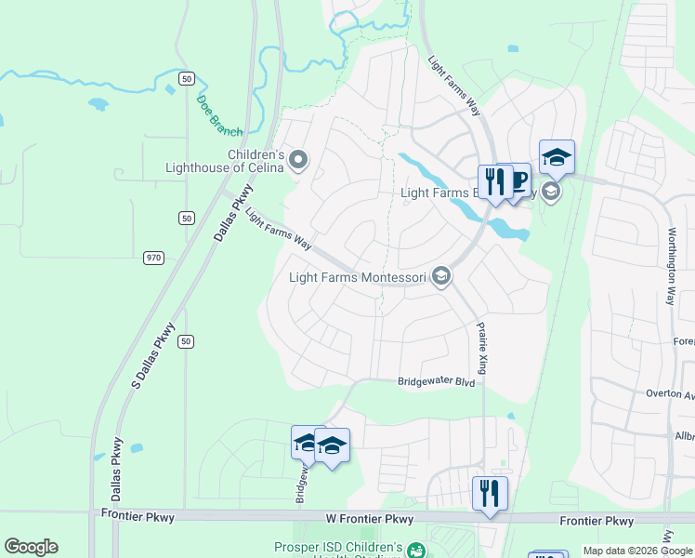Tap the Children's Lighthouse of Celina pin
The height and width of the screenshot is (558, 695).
(298, 161)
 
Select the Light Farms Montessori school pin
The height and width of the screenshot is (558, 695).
(441, 276)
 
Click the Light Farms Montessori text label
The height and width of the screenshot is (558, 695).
(357, 276)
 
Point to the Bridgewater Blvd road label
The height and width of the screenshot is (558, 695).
(436, 382)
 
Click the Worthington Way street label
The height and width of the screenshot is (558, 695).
(670, 267)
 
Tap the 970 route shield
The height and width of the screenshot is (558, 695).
(153, 256)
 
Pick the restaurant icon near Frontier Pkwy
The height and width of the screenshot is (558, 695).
(489, 493)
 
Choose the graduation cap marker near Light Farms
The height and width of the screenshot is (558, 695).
(557, 157)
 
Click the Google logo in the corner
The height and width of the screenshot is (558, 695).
(31, 547)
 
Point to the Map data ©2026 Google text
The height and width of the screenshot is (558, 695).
(638, 551)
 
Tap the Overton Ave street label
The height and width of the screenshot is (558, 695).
(670, 393)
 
